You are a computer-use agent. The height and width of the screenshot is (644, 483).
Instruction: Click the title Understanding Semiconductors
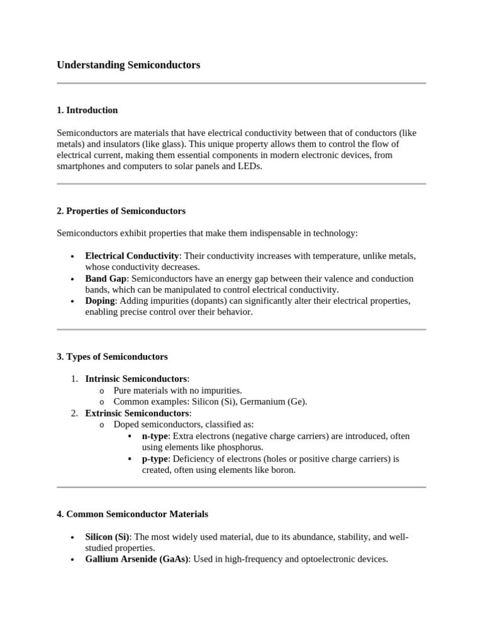coord(128,65)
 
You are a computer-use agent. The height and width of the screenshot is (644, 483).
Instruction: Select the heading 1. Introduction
coord(87,110)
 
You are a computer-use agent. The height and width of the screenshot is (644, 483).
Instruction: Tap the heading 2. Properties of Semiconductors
coord(121,211)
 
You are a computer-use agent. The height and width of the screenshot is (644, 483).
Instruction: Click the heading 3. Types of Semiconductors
coord(112,357)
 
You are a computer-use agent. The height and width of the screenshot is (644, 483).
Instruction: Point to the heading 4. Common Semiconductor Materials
coord(132,514)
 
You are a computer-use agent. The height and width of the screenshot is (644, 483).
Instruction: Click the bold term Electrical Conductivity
coord(132,256)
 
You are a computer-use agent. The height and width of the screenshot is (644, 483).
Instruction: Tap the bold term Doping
coord(100,301)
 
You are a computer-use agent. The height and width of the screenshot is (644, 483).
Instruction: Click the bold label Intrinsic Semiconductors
coord(136,379)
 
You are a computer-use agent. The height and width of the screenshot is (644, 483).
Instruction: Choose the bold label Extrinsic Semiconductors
coord(137,413)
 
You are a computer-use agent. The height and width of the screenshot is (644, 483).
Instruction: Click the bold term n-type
coord(155,436)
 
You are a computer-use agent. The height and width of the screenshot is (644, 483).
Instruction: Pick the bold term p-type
coord(155,458)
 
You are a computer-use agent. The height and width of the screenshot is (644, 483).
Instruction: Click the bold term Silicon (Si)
coord(107,536)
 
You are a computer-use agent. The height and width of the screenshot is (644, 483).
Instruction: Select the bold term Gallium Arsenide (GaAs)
coord(136,559)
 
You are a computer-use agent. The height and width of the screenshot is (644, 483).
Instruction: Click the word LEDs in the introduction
coord(248,167)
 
